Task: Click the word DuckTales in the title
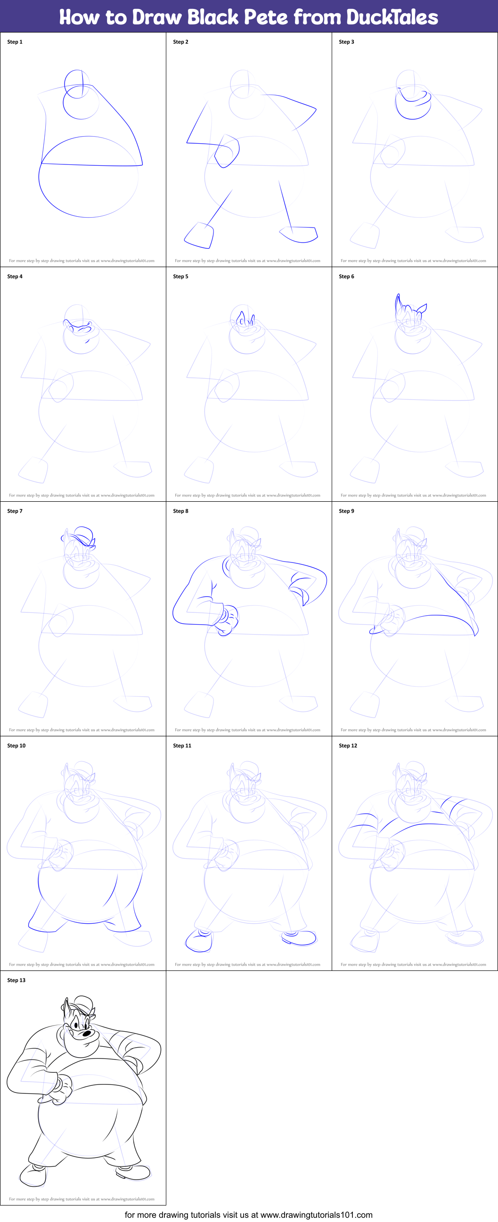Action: point(392,17)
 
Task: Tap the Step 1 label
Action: point(15,42)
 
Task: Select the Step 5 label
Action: point(180,277)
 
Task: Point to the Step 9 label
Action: point(346,511)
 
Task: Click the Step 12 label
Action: point(348,746)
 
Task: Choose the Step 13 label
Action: point(16,980)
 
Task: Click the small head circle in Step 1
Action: point(76,83)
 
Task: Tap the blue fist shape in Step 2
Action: point(227,151)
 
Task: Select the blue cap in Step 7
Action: point(80,536)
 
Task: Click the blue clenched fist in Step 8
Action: point(227,619)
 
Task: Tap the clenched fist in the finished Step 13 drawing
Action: point(62,1089)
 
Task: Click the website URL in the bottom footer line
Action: point(316,1214)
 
